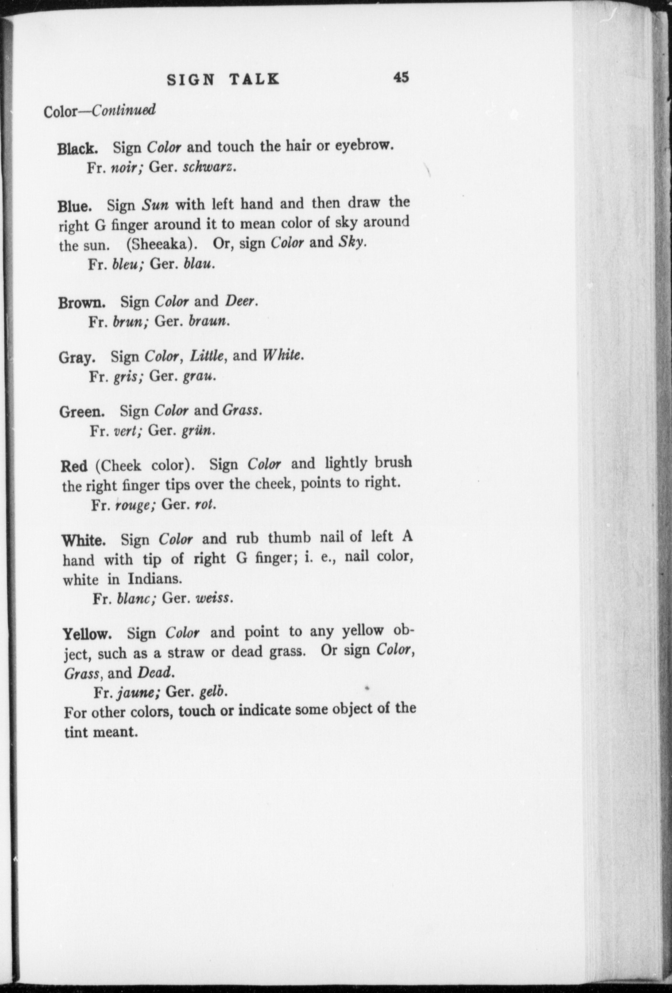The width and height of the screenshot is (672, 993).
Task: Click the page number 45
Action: [401, 77]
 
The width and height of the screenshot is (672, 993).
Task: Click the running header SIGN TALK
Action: [223, 79]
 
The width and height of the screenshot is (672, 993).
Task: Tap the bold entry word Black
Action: [77, 148]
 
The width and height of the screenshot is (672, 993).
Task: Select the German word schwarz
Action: [210, 168]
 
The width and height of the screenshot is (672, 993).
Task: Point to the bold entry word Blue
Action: [74, 207]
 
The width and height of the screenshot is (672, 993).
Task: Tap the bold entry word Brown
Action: [82, 303]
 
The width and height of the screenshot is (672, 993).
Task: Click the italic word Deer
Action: [241, 301]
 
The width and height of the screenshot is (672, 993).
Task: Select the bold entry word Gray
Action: [77, 357]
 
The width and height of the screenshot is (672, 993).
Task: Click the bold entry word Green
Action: [82, 412]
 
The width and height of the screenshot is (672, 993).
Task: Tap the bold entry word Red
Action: [74, 466]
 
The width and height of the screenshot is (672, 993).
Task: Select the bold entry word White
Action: [84, 541]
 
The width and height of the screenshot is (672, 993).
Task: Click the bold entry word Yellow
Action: [87, 635]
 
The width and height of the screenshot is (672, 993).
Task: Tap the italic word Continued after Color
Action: [124, 111]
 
